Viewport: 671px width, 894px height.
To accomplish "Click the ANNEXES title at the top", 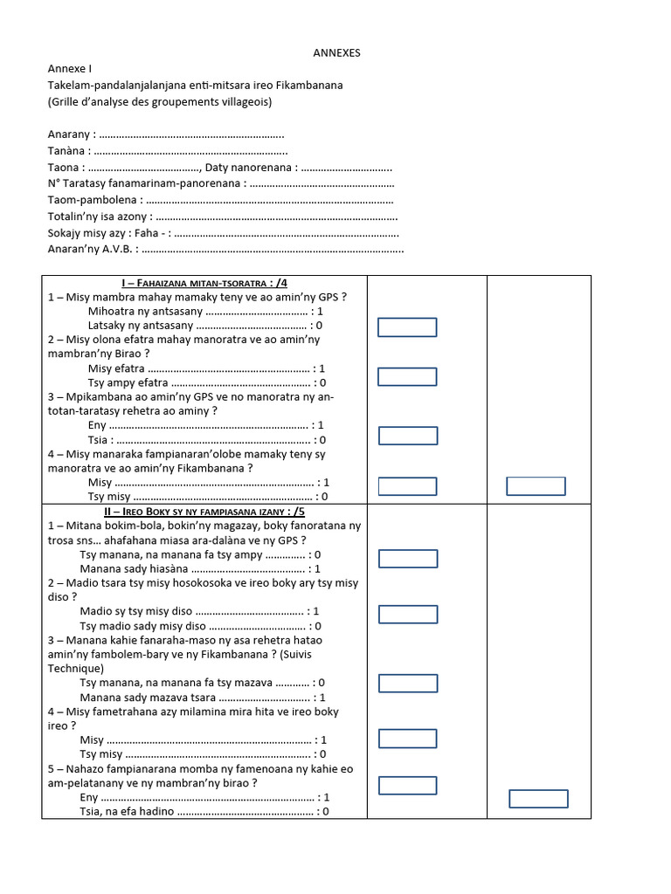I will point(336,53).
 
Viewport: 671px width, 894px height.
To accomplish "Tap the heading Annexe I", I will point(69,68).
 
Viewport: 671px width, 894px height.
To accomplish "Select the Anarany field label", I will point(69,135).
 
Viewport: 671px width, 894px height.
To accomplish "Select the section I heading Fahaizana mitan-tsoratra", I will point(204,283).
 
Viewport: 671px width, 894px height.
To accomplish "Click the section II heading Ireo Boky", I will point(204,512).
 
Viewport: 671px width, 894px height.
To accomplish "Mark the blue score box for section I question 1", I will point(407,327).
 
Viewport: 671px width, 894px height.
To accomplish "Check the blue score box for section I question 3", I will point(407,436).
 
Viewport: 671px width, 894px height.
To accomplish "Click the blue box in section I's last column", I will point(536,486).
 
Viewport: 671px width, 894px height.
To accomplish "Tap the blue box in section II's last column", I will point(538,799).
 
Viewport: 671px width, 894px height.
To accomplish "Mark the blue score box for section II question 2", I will point(407,615).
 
